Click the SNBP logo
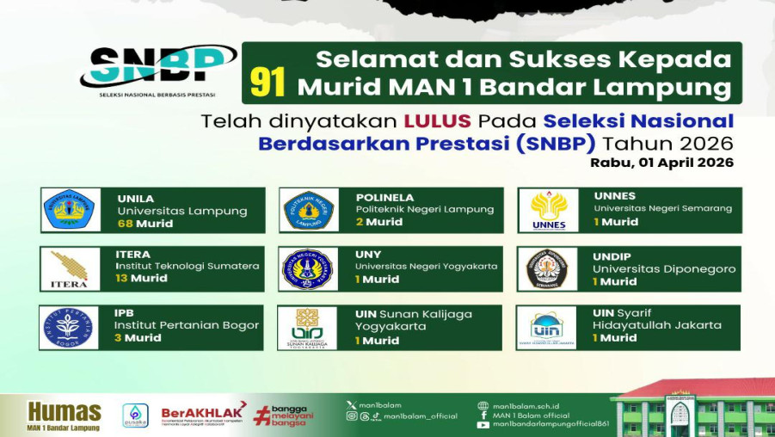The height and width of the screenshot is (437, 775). (158, 68)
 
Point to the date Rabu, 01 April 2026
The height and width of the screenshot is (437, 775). (661, 162)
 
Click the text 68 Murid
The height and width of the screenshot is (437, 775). (145, 224)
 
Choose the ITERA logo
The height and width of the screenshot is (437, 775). (69, 269)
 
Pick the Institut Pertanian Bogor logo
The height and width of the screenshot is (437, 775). (69, 328)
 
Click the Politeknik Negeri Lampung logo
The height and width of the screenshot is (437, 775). (308, 211)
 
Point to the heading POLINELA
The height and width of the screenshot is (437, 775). (384, 197)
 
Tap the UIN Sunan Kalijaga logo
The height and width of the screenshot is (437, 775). (308, 328)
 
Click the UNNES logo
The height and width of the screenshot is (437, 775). (548, 211)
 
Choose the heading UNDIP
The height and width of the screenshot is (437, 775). (612, 255)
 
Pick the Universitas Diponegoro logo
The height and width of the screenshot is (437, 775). (547, 269)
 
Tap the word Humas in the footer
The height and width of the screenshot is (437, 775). (65, 411)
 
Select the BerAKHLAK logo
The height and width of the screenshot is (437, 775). (203, 414)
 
